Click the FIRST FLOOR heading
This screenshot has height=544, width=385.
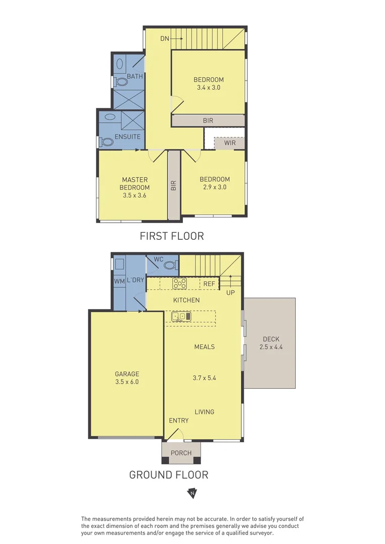[x=171, y=236]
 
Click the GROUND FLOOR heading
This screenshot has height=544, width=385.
[x=168, y=474]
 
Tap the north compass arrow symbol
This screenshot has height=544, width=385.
[x=192, y=493]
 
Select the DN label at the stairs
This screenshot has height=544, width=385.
[x=164, y=38]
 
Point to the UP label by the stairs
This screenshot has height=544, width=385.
[x=231, y=292]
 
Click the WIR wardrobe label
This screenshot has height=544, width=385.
[x=230, y=143]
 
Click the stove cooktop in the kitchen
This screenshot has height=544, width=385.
[x=179, y=284]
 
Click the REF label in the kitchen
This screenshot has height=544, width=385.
[x=209, y=284]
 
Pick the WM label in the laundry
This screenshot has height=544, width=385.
[x=119, y=280]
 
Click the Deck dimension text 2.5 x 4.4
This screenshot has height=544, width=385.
[x=270, y=347]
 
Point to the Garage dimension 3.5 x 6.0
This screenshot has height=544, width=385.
[x=126, y=382]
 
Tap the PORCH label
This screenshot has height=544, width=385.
[x=181, y=453]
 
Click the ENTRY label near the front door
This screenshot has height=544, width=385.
[x=179, y=421]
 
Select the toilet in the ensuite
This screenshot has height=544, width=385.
[x=107, y=143]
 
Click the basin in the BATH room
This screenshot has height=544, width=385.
[x=119, y=64]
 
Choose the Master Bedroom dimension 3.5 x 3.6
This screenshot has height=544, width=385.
[x=135, y=196]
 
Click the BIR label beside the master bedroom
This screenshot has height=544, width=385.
[x=174, y=185]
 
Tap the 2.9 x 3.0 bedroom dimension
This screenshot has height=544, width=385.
[x=215, y=187]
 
